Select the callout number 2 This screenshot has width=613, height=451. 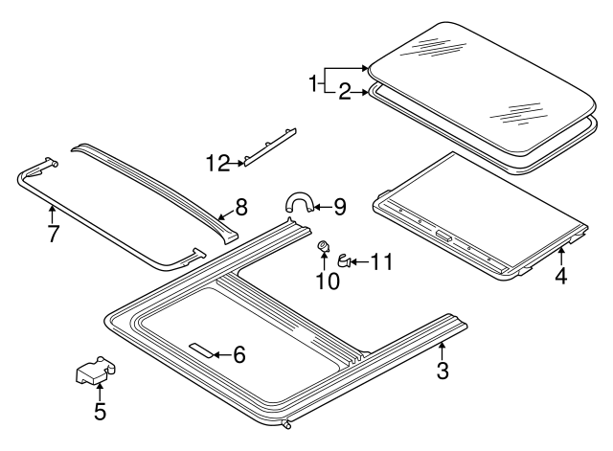tap(344, 92)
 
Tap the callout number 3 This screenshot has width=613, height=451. tap(442, 371)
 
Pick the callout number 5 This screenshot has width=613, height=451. tap(100, 413)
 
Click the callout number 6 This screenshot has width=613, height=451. tap(238, 354)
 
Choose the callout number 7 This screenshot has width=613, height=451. tap(54, 233)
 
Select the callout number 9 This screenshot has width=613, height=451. tap(338, 205)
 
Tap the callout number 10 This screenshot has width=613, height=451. tap(328, 280)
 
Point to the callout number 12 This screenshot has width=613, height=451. tap(217, 164)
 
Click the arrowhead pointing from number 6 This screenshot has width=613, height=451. tap(217, 354)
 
